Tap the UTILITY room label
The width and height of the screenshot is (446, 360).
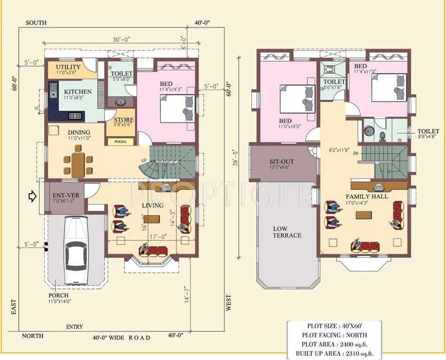[68, 67]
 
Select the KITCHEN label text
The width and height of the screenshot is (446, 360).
[77, 91]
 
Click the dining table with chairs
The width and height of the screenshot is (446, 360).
[78, 162]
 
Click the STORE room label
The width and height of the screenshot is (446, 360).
[124, 120]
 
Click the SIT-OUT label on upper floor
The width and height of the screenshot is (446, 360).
[281, 161]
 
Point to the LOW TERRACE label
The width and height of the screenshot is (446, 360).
[287, 232]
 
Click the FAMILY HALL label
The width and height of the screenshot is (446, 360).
[367, 196]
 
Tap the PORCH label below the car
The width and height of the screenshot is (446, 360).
[58, 295]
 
